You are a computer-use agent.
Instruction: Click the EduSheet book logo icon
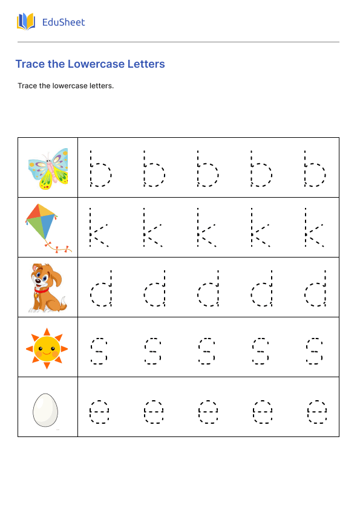point(26,22)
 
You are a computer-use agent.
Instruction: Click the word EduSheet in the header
point(64,22)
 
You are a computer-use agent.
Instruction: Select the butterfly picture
point(48,167)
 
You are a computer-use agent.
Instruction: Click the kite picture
point(44,224)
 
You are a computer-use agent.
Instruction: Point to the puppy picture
point(48,287)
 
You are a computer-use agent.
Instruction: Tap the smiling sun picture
point(47,348)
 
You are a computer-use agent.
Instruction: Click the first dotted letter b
point(100,169)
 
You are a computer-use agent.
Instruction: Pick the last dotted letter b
point(315,169)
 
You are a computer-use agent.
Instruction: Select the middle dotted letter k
point(206,228)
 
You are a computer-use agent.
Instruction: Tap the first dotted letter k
point(99,228)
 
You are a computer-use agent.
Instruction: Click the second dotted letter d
point(155,288)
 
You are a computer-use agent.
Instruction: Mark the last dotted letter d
point(316,288)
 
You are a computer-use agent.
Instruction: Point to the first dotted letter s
point(99,351)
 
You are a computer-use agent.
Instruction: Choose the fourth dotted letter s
point(261,351)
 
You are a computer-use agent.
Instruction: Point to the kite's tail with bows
point(59,247)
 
